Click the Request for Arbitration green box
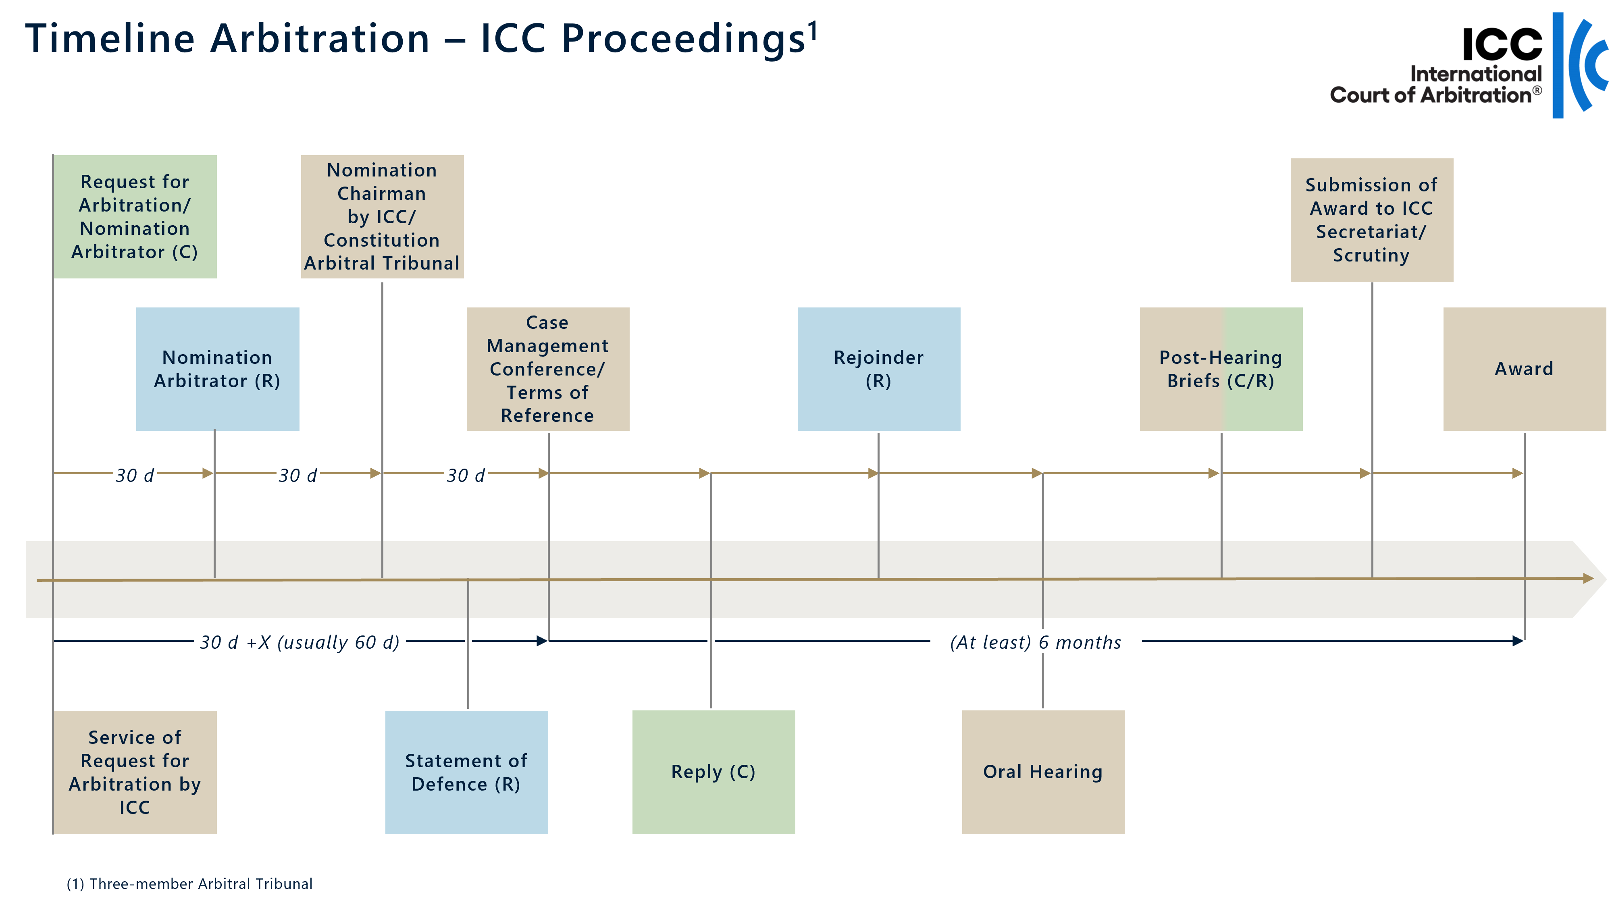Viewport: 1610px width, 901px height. (x=135, y=217)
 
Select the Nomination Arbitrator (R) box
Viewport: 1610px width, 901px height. (x=218, y=369)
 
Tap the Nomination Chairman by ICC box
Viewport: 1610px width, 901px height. (x=382, y=217)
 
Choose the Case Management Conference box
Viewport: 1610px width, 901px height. (x=547, y=369)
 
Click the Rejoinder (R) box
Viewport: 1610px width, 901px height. (x=878, y=369)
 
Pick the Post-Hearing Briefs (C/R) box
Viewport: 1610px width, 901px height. (x=1221, y=369)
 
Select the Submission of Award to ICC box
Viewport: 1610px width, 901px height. (x=1371, y=220)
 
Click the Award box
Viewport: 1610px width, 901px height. (x=1524, y=369)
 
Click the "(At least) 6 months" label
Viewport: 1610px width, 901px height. (x=1036, y=641)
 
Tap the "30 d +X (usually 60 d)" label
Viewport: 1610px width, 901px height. (x=300, y=641)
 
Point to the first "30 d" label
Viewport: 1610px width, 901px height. (x=135, y=475)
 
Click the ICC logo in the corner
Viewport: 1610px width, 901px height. (x=1469, y=66)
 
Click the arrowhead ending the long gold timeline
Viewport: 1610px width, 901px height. (x=1588, y=579)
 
